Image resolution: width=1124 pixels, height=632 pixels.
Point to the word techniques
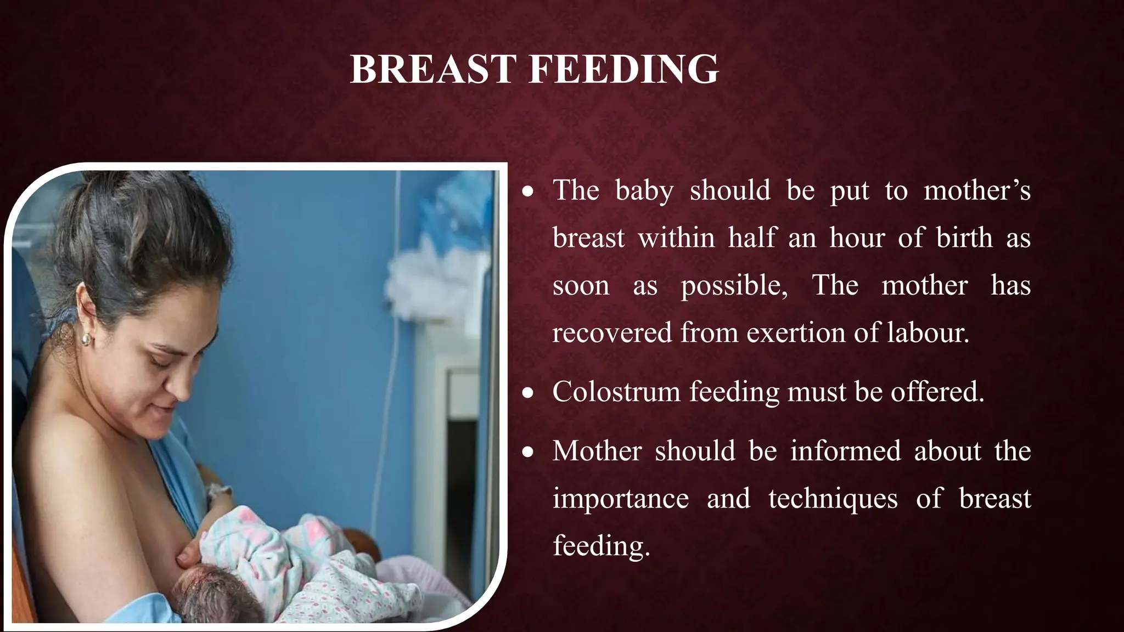(x=833, y=499)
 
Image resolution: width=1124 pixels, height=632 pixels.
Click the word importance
(x=620, y=499)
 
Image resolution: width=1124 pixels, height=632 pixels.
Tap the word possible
(x=734, y=286)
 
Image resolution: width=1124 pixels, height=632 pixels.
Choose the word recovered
(x=611, y=333)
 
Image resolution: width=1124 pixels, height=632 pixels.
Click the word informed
(x=845, y=451)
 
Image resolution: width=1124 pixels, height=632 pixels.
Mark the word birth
(x=964, y=238)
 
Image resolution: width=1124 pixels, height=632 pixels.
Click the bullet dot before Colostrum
(x=528, y=393)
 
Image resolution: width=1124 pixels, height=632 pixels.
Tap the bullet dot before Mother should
(x=528, y=452)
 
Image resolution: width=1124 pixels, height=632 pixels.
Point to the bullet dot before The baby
(x=528, y=192)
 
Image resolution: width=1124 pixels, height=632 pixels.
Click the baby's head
(x=214, y=598)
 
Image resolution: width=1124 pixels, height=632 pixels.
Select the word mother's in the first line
(x=977, y=191)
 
